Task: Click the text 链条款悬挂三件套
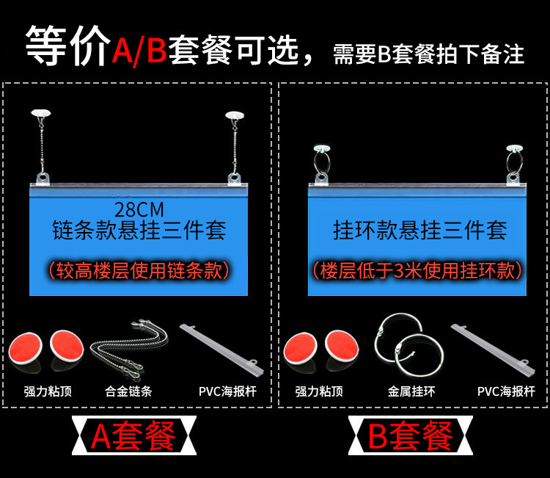click(139, 230)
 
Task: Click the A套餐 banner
click(133, 436)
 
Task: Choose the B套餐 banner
click(411, 436)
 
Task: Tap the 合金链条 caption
click(128, 391)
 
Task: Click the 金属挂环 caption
click(411, 391)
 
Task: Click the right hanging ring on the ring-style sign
click(514, 162)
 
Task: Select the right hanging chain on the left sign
click(235, 147)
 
